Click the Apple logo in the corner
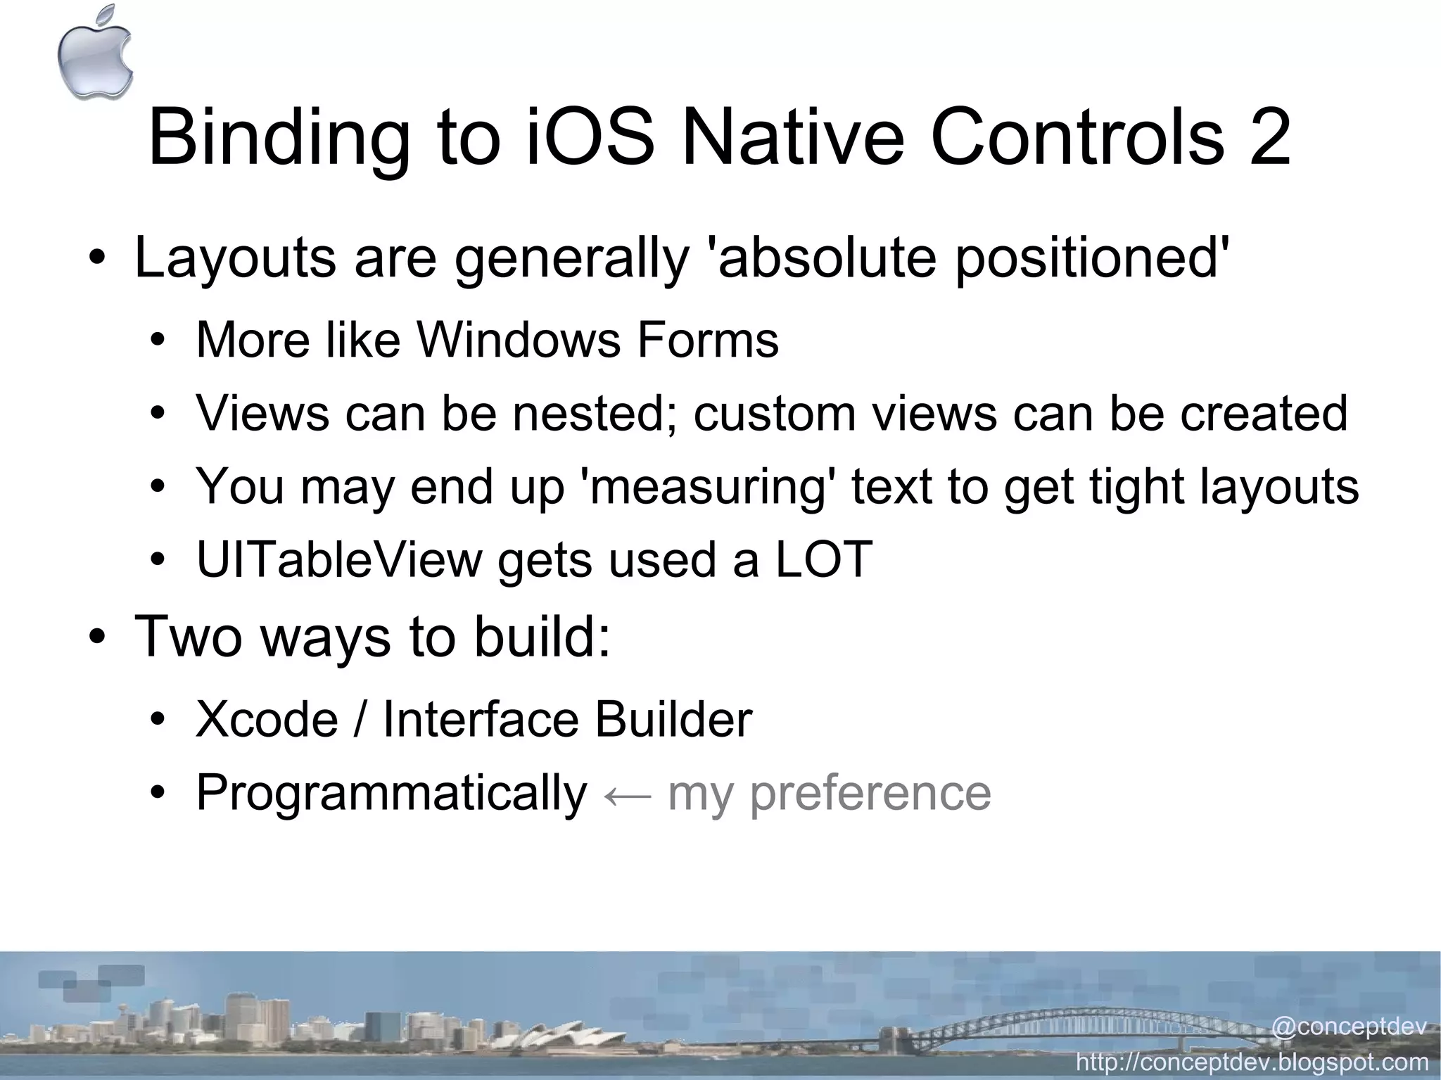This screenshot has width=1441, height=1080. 95,53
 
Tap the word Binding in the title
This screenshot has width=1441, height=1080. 279,139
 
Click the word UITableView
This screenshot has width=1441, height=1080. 338,560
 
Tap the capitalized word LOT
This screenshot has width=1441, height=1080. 824,560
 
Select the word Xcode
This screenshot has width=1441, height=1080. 267,720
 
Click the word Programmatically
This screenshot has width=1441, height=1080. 391,794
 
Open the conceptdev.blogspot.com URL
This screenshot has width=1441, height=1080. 1252,1062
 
